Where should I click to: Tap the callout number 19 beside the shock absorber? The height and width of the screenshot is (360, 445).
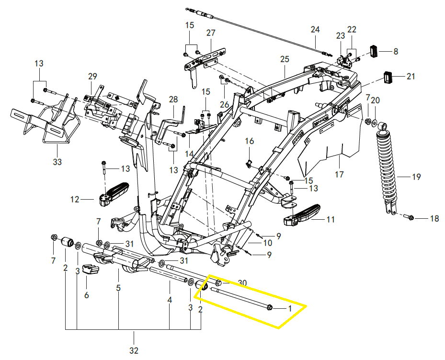tap(416, 177)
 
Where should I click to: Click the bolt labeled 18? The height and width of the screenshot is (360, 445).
tap(411, 218)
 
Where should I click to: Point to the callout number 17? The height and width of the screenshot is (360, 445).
tap(339, 175)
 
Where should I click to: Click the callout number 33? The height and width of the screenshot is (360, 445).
tap(57, 162)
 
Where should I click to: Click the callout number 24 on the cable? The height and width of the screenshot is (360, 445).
tap(314, 30)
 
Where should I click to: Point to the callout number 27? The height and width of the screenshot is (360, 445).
tap(211, 33)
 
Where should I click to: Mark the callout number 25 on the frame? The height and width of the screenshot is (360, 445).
tap(285, 59)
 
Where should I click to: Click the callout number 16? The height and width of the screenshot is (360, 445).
tap(249, 141)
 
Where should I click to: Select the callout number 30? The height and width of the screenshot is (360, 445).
tap(242, 283)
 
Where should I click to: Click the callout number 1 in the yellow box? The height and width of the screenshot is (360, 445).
tap(289, 309)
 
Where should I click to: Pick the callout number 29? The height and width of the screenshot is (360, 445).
tap(92, 76)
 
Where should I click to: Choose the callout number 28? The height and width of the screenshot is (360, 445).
tap(173, 100)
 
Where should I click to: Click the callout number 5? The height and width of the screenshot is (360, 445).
tap(118, 289)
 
